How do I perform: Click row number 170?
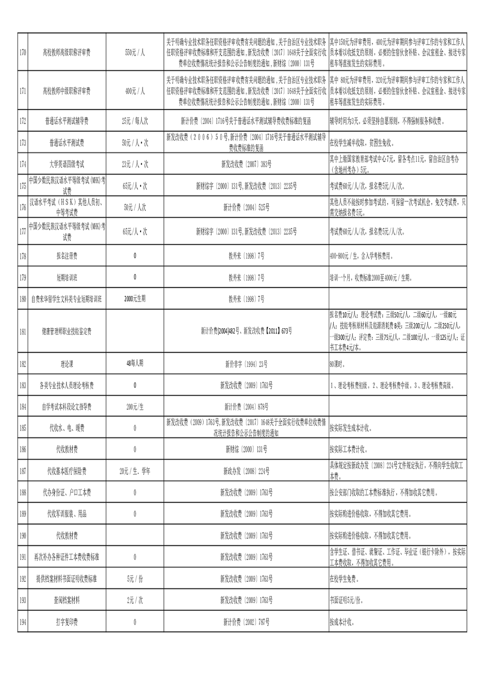point(22,53)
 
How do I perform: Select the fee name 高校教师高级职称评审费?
point(66,53)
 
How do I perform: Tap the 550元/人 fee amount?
point(135,53)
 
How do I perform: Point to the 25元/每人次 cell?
point(135,121)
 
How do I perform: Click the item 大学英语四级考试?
point(66,164)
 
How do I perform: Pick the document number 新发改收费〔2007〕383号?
point(246,164)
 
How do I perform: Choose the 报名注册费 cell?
point(66,256)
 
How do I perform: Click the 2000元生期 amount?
point(135,299)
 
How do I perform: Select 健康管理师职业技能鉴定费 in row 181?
point(66,332)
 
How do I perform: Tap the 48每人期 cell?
point(135,364)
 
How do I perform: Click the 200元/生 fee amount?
point(135,407)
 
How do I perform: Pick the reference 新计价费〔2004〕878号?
point(246,407)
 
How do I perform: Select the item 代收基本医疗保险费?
point(66,471)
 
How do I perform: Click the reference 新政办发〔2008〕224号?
point(246,471)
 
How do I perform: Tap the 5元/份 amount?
point(135,579)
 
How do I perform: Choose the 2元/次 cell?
point(135,600)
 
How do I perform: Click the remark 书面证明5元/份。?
point(346,600)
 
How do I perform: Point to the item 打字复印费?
point(66,622)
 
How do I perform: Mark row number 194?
point(22,622)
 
